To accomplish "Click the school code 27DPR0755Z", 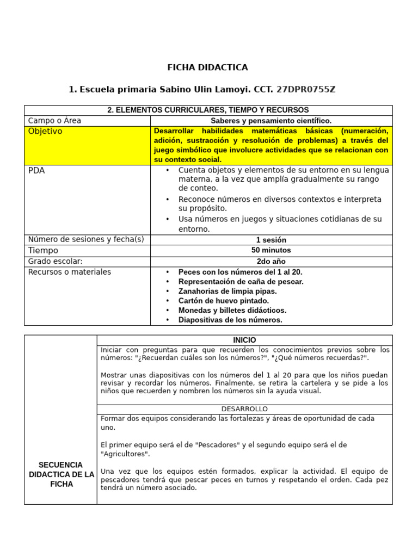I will click(310, 89).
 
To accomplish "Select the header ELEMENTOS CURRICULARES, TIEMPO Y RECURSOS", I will click(208, 110).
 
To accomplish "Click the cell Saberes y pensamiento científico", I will click(271, 121).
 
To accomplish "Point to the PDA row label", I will click(36, 170).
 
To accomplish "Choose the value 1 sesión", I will click(271, 240).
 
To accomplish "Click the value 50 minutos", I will click(271, 250).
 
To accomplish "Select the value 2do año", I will click(271, 262).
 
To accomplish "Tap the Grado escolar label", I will click(55, 261).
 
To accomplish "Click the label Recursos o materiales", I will click(69, 272).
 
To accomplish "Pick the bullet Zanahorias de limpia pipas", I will click(228, 291).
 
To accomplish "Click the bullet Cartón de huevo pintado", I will click(224, 301).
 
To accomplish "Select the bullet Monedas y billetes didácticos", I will click(232, 310).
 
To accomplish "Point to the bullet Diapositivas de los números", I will click(230, 320).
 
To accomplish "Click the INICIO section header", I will click(244, 340).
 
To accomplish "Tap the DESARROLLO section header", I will click(244, 409).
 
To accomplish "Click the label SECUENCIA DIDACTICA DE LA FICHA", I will click(61, 474).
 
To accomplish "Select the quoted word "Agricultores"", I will click(126, 454).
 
